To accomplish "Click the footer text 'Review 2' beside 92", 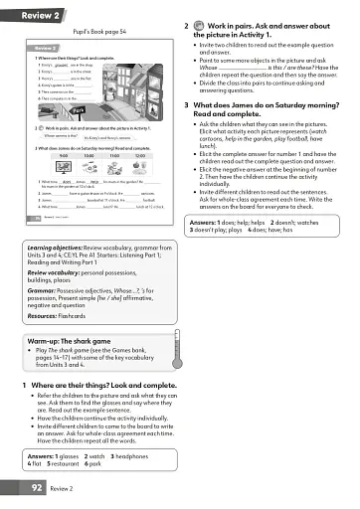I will coord(65,488).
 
